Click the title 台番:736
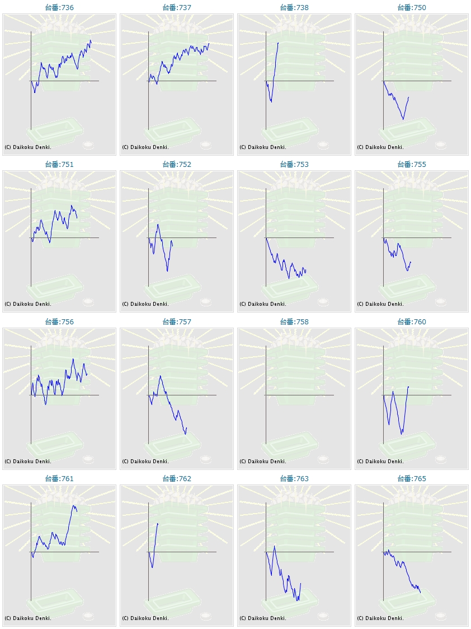pyautogui.click(x=59, y=8)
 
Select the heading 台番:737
pyautogui.click(x=177, y=8)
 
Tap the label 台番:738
pyautogui.click(x=294, y=8)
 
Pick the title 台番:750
pyautogui.click(x=412, y=8)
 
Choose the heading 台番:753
pyautogui.click(x=294, y=165)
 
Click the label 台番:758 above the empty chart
pyautogui.click(x=294, y=322)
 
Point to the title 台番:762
pyautogui.click(x=177, y=479)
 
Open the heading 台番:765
pyautogui.click(x=412, y=479)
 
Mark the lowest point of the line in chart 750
pyautogui.click(x=403, y=119)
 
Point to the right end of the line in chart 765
pyautogui.click(x=421, y=593)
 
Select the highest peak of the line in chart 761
pyautogui.click(x=74, y=505)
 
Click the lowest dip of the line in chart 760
pyautogui.click(x=402, y=434)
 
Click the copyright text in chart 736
pyautogui.click(x=28, y=147)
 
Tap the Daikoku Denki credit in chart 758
pyautogui.click(x=263, y=462)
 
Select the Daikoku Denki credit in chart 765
pyautogui.click(x=380, y=618)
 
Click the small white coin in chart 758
pyautogui.click(x=323, y=459)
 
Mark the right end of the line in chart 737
pyautogui.click(x=209, y=44)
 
